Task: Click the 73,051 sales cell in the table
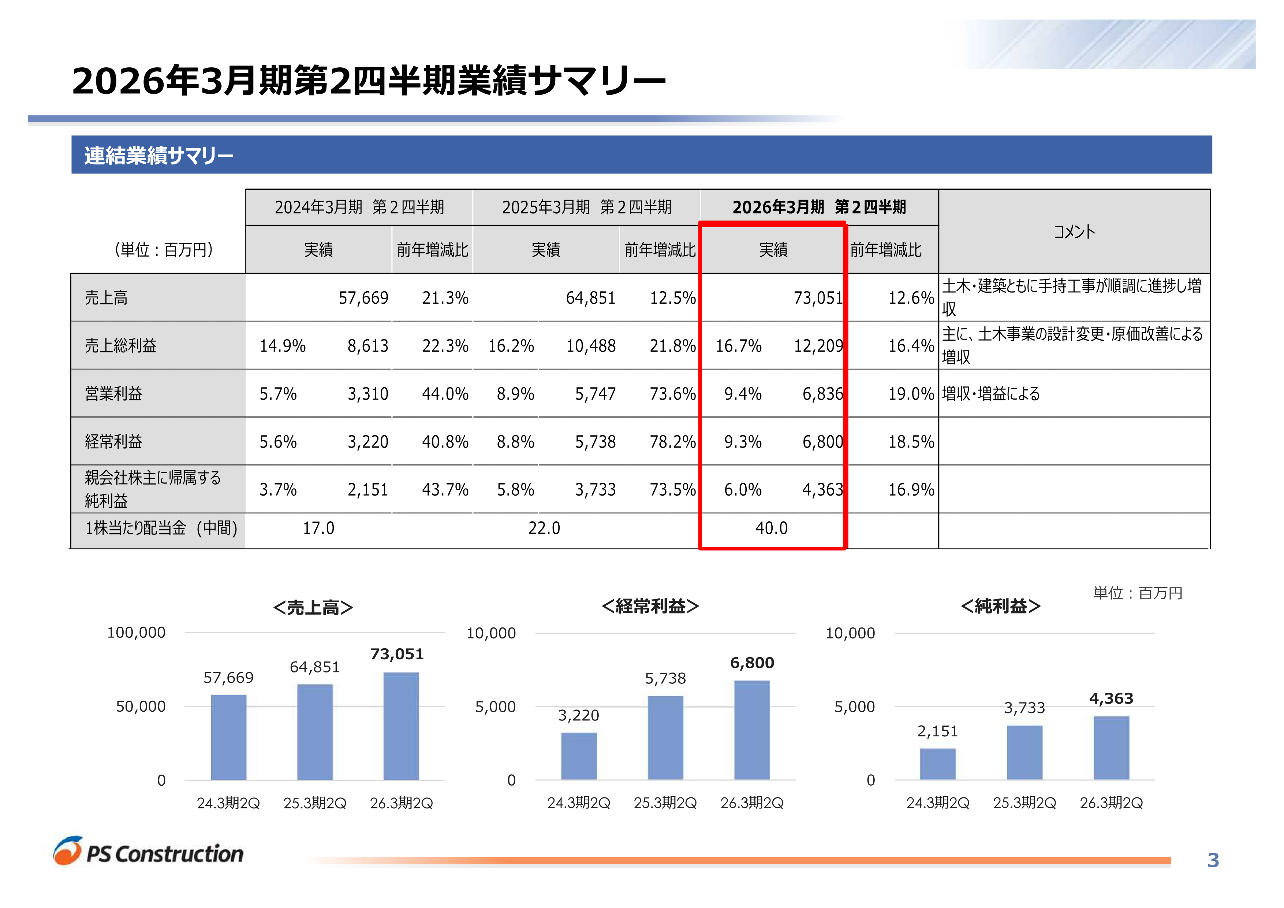click(x=818, y=298)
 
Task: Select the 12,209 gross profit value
click(x=818, y=346)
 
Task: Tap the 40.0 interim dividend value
click(x=771, y=528)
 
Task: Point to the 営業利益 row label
click(x=113, y=394)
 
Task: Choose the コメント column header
click(x=1074, y=231)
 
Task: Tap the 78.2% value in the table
click(x=672, y=442)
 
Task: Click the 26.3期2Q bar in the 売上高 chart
click(x=401, y=726)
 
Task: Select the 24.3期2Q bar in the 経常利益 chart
click(x=579, y=756)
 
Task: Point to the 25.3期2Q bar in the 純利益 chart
click(x=1024, y=752)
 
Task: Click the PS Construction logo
click(x=149, y=852)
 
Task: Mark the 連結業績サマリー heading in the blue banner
click(x=159, y=156)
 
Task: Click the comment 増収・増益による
click(x=991, y=394)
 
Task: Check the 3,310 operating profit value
click(x=367, y=394)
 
